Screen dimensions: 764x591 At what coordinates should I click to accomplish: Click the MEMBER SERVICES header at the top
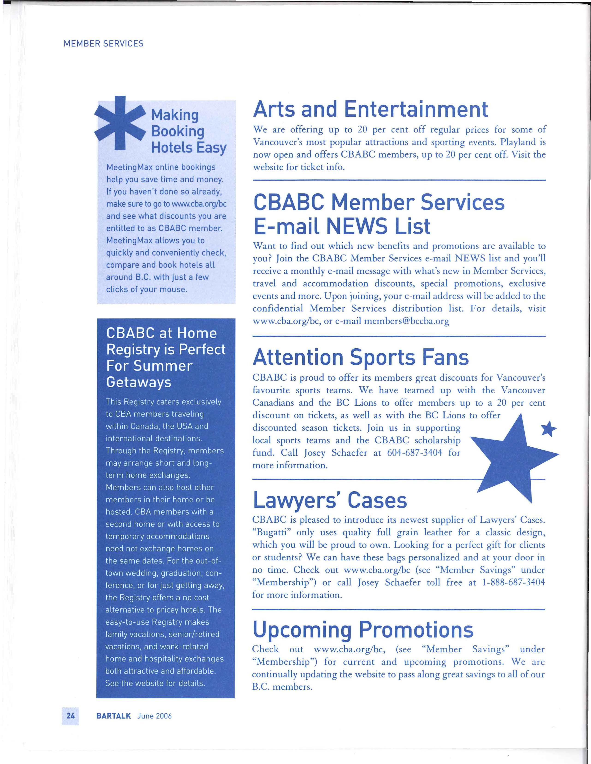coord(104,44)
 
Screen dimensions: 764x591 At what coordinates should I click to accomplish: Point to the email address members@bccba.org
coord(407,321)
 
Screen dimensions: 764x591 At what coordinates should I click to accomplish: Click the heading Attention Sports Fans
coord(360,358)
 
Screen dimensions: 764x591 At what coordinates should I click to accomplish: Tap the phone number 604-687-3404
coord(415,453)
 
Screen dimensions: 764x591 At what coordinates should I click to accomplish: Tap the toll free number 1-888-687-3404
coord(513,582)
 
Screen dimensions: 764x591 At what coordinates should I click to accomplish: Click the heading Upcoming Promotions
coord(363,629)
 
